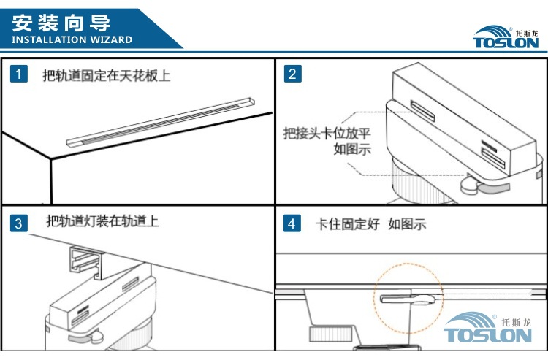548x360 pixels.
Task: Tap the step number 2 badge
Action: tap(292, 73)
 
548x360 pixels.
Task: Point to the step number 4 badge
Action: tap(292, 223)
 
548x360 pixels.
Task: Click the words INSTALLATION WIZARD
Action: tap(72, 39)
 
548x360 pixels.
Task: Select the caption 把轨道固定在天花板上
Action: tap(106, 74)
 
